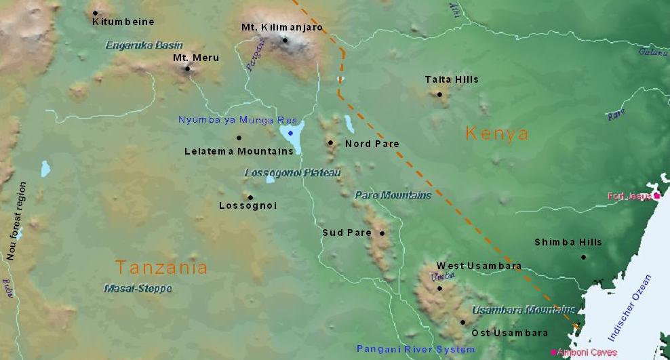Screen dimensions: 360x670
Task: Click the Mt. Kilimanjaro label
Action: (x=281, y=28)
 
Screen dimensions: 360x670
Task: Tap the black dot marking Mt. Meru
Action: (x=187, y=68)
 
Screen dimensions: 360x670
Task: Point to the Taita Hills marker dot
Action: (x=439, y=94)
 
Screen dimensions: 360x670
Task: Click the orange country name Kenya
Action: (x=497, y=133)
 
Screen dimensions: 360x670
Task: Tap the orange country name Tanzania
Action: (x=161, y=267)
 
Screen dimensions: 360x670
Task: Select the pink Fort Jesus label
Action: (x=629, y=197)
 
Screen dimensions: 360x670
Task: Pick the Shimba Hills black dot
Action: (x=583, y=257)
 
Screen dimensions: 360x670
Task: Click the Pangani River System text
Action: (x=416, y=349)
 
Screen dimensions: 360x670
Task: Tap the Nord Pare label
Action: (x=372, y=144)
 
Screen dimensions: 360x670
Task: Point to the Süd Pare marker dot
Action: (x=382, y=233)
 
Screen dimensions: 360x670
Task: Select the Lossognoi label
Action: (x=248, y=205)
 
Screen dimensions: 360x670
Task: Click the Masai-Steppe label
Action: (x=138, y=288)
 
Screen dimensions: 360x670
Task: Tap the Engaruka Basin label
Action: (x=144, y=45)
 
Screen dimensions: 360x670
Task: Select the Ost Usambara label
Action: (x=509, y=333)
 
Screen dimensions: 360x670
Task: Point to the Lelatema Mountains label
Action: (x=238, y=151)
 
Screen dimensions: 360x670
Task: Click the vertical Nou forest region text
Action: (x=11, y=221)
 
